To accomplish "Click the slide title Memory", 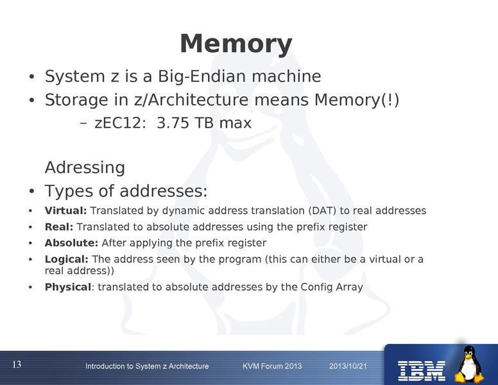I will coord(236,44).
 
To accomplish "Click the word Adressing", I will coord(85,168).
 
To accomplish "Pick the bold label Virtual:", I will coord(65,210).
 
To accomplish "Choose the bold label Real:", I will coord(59,227).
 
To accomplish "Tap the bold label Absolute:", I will coord(71,243).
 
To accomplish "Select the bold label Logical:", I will coord(67,259).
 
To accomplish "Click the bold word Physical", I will coord(67,287).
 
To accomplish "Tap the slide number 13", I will coord(17,364).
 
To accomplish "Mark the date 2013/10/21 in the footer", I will coord(347,366).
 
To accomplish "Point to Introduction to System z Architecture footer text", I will coord(147,366).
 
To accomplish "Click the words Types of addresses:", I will coord(126,191).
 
